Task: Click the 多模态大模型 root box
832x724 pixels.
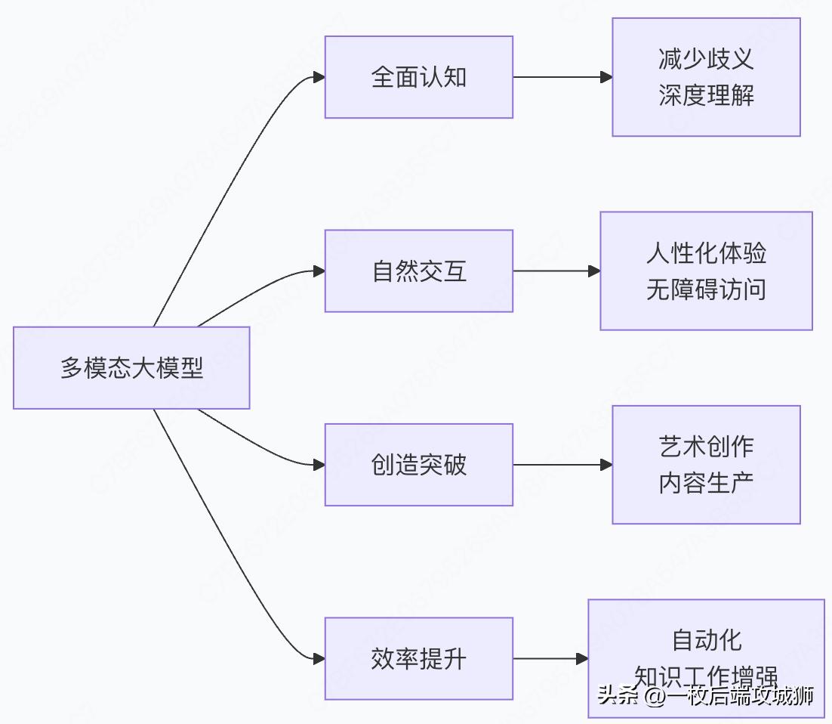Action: (131, 368)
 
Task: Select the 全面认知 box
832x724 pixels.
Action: (419, 77)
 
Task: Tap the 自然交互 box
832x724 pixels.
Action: (419, 271)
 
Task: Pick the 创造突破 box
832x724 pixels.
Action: (419, 465)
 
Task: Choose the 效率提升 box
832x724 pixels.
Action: (419, 659)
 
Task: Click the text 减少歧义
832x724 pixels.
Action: (706, 59)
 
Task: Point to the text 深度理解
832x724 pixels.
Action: (706, 96)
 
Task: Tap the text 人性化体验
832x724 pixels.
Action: (706, 253)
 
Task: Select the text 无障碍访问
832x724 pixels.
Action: (706, 289)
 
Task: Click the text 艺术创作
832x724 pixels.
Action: (706, 447)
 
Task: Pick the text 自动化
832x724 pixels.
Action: (706, 640)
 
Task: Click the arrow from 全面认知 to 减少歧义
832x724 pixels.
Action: (562, 77)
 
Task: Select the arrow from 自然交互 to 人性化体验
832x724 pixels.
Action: (556, 271)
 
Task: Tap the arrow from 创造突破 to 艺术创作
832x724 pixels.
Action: (562, 465)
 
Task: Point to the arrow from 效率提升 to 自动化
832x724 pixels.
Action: (550, 659)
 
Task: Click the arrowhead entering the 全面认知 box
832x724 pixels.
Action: (319, 77)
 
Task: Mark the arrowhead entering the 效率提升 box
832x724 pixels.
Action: (319, 659)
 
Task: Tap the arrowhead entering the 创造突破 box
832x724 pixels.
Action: (319, 465)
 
